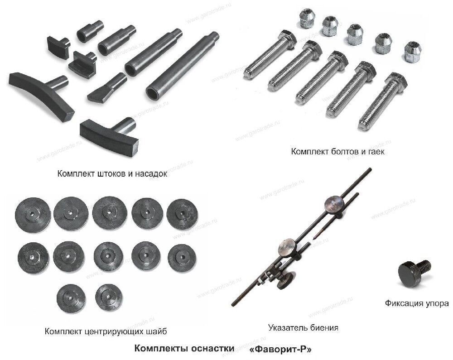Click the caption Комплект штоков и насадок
click(112, 174)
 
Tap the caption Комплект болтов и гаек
click(337, 152)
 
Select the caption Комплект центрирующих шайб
click(106, 331)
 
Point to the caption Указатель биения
click(303, 328)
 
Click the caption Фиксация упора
click(417, 303)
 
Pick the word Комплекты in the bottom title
click(159, 348)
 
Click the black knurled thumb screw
click(414, 273)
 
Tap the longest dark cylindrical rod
click(182, 67)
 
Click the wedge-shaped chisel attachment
click(107, 87)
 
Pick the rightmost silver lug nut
click(413, 52)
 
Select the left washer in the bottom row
click(71, 298)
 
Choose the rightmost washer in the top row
click(182, 214)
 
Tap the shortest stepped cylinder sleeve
click(90, 31)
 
